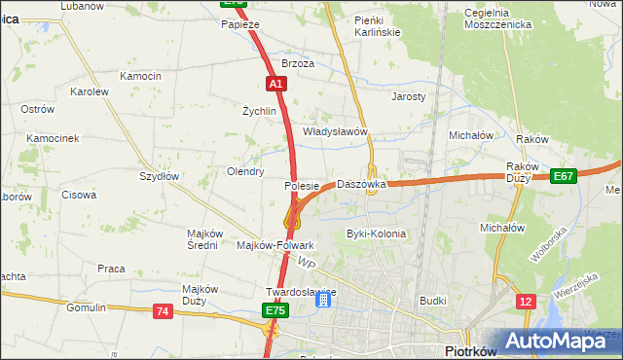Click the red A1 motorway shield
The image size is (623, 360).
[x=276, y=85]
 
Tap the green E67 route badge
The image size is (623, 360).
[x=563, y=176]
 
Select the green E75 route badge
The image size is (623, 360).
[x=275, y=310]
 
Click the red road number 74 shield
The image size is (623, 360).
[x=163, y=311]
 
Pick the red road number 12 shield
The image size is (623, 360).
[x=526, y=303]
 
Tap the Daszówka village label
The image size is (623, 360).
[x=362, y=184]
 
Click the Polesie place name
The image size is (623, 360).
[x=302, y=185]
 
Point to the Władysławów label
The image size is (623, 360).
[x=335, y=131]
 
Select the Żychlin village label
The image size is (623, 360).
[x=260, y=111]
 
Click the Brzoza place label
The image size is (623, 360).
[x=298, y=63]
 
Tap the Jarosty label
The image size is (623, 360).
[x=409, y=97]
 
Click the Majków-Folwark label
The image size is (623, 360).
[x=275, y=245]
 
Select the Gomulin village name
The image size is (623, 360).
[x=86, y=307]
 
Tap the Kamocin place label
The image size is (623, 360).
[x=140, y=76]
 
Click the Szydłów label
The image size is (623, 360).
[x=159, y=176]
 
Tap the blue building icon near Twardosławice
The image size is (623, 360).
[x=322, y=302]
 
